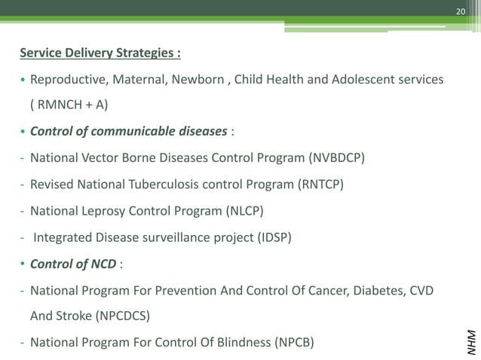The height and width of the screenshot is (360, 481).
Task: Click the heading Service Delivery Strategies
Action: click(100, 53)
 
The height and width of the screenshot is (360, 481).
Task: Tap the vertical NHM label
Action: click(471, 341)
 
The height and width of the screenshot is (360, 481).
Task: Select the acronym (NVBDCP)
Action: click(337, 158)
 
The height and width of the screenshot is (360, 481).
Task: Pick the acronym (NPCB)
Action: click(293, 343)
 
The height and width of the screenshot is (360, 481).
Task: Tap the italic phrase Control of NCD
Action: click(72, 264)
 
